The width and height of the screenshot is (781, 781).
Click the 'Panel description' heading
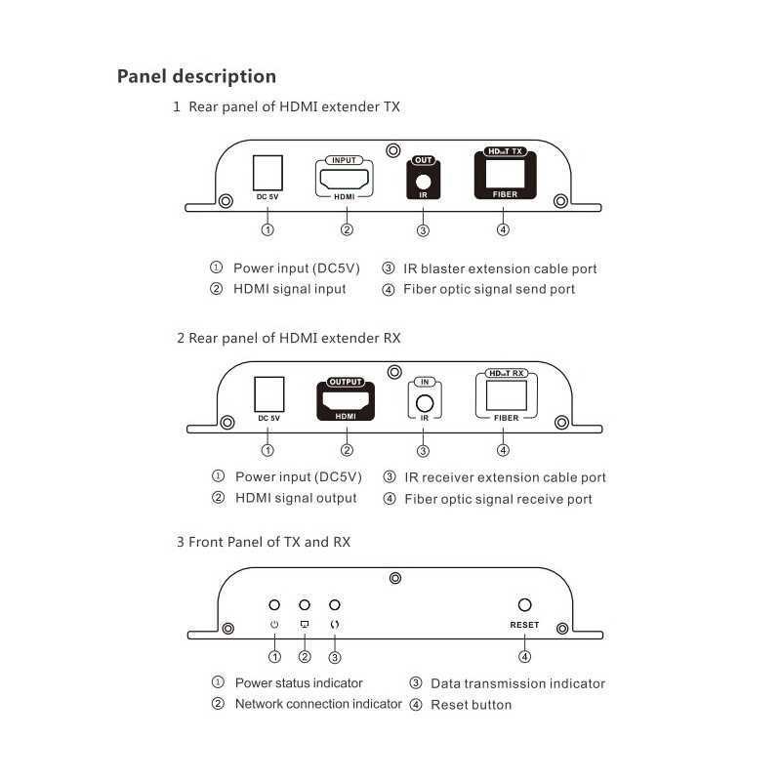pyautogui.click(x=196, y=76)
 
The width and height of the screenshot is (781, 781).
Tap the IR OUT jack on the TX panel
pyautogui.click(x=423, y=181)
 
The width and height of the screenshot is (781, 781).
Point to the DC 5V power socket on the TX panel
pyautogui.click(x=267, y=174)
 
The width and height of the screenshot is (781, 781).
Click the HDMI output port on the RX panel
pyautogui.click(x=346, y=399)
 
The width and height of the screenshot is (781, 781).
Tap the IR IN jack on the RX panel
pyautogui.click(x=424, y=401)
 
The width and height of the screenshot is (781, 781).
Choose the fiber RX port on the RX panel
pyautogui.click(x=505, y=394)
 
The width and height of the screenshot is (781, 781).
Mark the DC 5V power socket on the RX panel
pyautogui.click(x=268, y=394)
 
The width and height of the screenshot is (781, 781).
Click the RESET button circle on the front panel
pyautogui.click(x=524, y=606)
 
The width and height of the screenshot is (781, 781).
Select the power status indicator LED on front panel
pyautogui.click(x=275, y=606)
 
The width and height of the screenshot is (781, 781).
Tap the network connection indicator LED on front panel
pyautogui.click(x=305, y=606)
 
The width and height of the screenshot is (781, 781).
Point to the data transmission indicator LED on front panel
pyautogui.click(x=335, y=606)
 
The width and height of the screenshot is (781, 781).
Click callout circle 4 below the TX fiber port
pyautogui.click(x=503, y=230)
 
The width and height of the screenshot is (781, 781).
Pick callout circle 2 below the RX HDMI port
pyautogui.click(x=347, y=450)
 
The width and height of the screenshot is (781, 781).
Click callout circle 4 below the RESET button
pyautogui.click(x=525, y=657)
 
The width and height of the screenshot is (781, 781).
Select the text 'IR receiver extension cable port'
pyautogui.click(x=505, y=477)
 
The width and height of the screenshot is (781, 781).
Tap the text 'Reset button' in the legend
pyautogui.click(x=471, y=705)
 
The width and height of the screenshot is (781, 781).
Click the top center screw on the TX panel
pyautogui.click(x=392, y=151)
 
